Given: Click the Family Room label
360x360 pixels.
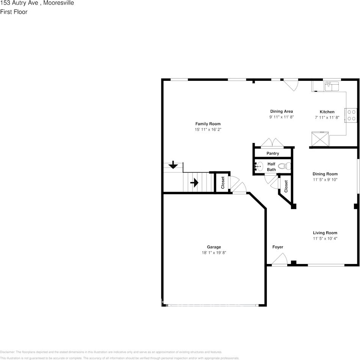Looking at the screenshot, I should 208,124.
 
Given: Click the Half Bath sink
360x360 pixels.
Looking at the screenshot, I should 259,166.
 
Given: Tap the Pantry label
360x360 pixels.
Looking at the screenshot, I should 272,153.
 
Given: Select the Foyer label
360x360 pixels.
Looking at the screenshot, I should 278,247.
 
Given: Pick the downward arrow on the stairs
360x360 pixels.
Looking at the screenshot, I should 173,165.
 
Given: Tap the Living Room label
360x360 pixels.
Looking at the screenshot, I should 325,233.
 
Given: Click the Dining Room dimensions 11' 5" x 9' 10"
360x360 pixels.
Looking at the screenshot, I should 325,179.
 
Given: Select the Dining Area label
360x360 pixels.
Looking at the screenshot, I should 281,111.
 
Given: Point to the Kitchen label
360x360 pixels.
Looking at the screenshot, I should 327,112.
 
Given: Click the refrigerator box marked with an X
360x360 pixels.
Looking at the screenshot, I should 320,139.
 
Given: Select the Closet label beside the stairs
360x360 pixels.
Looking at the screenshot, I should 223,183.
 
